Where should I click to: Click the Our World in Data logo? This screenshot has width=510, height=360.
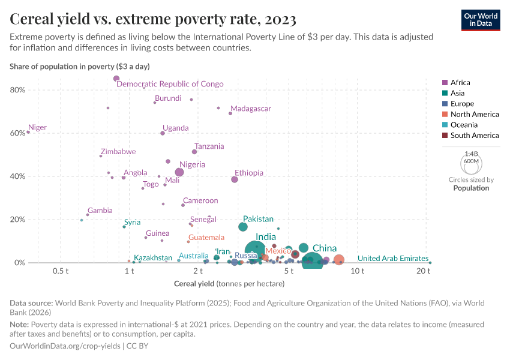(x=481, y=20)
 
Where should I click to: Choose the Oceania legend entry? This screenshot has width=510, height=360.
(x=464, y=125)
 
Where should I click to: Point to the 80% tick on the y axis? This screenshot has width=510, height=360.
(x=17, y=90)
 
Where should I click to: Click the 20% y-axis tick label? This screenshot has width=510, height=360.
(x=17, y=220)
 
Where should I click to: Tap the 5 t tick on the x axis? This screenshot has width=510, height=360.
(x=289, y=271)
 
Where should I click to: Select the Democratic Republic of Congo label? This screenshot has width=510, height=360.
(x=170, y=84)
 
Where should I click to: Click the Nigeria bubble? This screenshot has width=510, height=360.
(x=179, y=172)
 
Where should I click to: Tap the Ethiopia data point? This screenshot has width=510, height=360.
(x=235, y=179)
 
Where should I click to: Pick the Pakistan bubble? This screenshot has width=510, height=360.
(x=243, y=227)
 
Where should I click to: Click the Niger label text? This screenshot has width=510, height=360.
(x=38, y=128)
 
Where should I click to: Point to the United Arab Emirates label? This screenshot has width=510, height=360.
(x=393, y=259)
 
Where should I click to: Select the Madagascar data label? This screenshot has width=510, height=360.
(x=251, y=109)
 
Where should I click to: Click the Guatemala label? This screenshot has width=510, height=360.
(x=206, y=238)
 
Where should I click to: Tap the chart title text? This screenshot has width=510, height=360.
(x=153, y=20)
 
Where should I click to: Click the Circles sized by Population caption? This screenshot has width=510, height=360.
(x=471, y=184)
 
